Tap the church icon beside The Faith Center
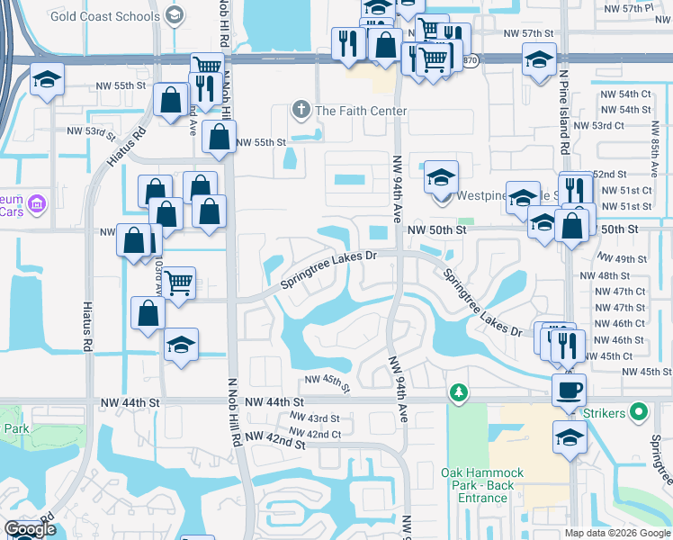(x=301, y=111)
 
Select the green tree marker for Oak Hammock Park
(x=459, y=392)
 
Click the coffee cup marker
(x=569, y=391)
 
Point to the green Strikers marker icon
(x=639, y=413)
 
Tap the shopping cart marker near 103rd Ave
(x=179, y=283)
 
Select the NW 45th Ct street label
(x=621, y=356)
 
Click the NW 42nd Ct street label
(x=316, y=434)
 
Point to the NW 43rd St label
(x=315, y=418)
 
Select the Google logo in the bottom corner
(x=31, y=529)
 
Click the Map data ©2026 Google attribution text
(x=617, y=533)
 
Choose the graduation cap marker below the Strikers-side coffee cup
(x=569, y=438)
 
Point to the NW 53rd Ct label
(x=598, y=126)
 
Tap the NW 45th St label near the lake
(x=326, y=382)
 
